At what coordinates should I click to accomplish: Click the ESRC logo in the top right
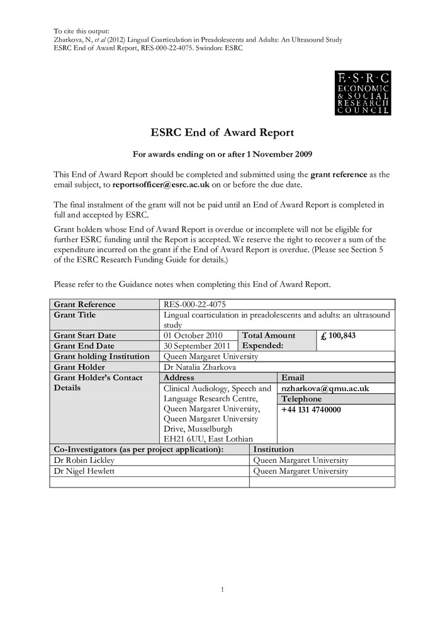(x=362, y=93)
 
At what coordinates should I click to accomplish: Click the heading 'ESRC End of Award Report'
(x=222, y=133)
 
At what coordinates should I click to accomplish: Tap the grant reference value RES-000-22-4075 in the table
(x=194, y=304)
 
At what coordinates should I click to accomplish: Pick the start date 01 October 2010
(x=193, y=336)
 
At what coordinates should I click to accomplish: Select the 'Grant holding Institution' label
(x=101, y=356)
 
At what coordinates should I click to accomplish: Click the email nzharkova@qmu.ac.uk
(x=325, y=389)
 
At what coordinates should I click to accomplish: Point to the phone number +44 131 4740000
(x=311, y=409)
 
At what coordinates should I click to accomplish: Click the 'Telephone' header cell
(x=301, y=399)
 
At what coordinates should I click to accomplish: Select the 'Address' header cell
(x=179, y=377)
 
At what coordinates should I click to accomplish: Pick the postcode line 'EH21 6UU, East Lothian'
(x=208, y=439)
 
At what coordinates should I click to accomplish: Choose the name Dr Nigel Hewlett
(x=79, y=470)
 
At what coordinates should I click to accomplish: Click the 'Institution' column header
(x=273, y=450)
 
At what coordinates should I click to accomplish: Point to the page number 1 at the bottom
(x=222, y=589)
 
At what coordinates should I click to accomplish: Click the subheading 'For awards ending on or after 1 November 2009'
(x=222, y=154)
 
